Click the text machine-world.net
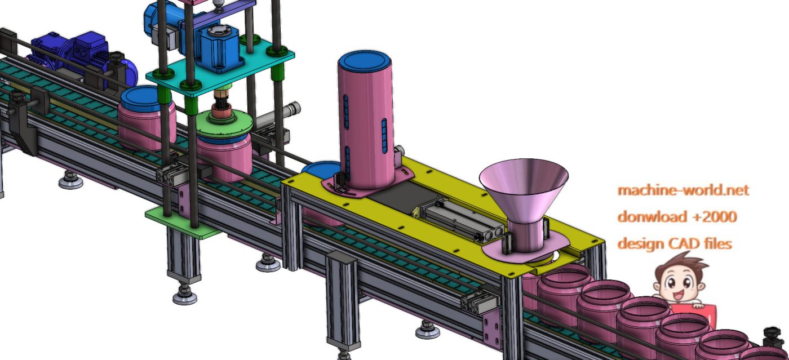tap(683, 190)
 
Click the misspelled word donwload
tap(651, 217)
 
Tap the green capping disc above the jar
tap(224, 124)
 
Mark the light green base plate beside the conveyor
tap(180, 221)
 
